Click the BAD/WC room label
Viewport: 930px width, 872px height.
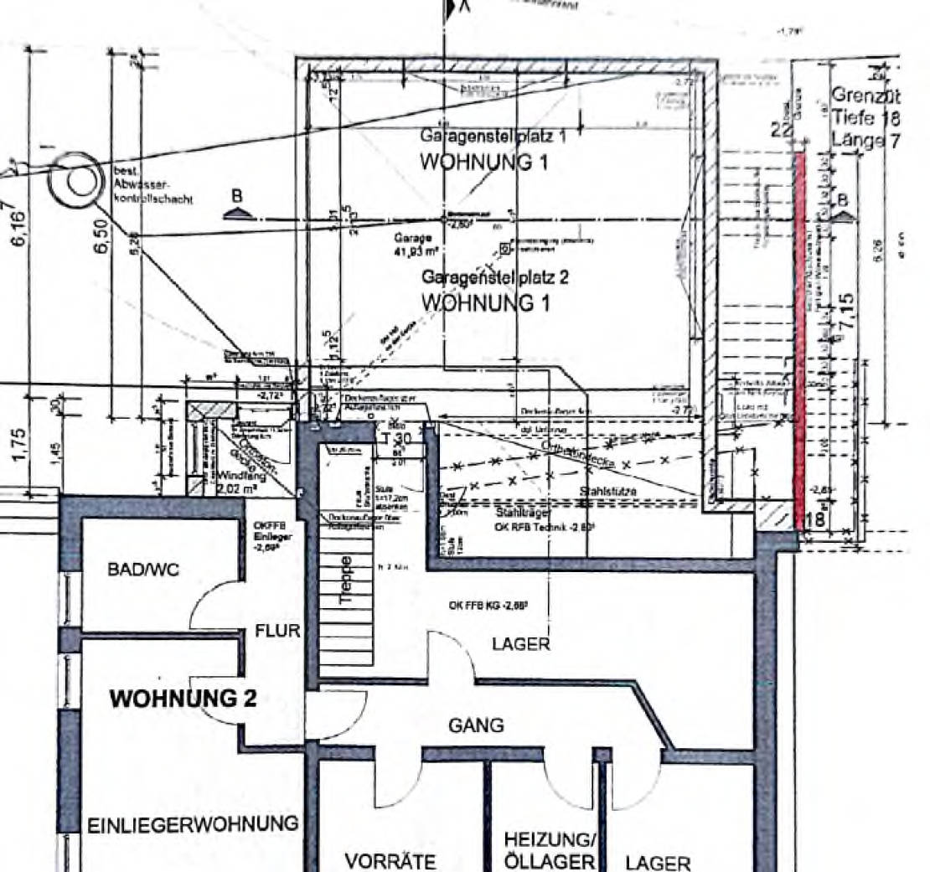coord(142,570)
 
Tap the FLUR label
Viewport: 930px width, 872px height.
coord(277,631)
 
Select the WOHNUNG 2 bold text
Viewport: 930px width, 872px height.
coord(183,699)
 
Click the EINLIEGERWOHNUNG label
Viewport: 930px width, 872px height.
coord(193,823)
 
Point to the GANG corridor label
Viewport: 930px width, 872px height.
coord(476,725)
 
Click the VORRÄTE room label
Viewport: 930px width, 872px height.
coord(390,861)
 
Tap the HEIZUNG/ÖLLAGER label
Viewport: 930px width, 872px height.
coord(550,850)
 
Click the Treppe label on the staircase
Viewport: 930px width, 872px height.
coord(345,578)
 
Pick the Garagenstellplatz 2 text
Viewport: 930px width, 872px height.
coord(494,277)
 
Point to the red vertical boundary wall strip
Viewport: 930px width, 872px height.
coord(800,335)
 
